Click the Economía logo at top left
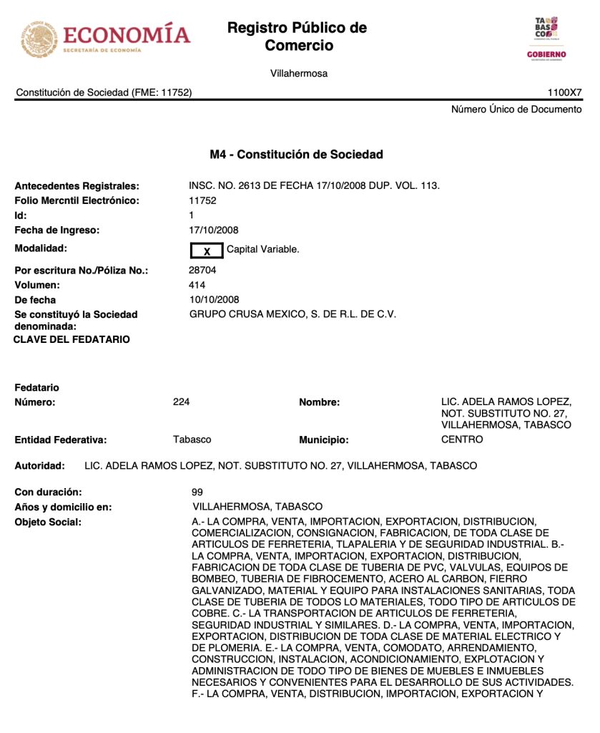click(106, 38)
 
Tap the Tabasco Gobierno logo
click(546, 39)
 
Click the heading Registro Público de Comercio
click(297, 37)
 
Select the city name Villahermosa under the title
click(299, 74)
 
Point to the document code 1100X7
click(565, 92)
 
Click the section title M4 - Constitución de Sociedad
click(296, 155)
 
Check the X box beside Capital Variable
click(207, 251)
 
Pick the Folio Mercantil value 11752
click(202, 200)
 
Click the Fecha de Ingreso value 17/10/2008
click(214, 230)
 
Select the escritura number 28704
click(202, 271)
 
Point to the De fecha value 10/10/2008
click(214, 300)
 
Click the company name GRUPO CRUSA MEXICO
click(292, 314)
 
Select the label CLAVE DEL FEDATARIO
click(72, 339)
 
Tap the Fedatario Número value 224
click(182, 402)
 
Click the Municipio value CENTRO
click(462, 440)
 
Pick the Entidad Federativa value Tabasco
click(192, 440)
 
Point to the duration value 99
click(197, 492)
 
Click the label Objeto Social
click(48, 523)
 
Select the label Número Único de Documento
click(516, 110)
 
